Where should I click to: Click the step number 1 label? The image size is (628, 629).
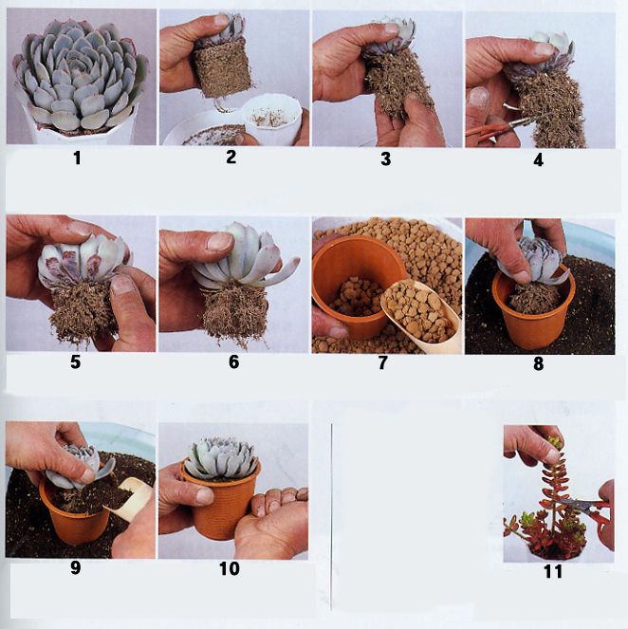tap(77, 158)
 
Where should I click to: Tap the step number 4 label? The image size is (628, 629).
tap(538, 160)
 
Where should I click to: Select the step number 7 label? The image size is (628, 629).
tap(383, 362)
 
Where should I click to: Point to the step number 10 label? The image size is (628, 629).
tap(230, 568)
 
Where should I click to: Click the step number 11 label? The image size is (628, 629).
tap(553, 571)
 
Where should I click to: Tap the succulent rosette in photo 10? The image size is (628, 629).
tap(220, 458)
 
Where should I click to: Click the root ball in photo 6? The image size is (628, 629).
tap(234, 315)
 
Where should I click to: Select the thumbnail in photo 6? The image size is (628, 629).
tap(220, 243)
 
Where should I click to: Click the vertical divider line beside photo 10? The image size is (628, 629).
tap(331, 517)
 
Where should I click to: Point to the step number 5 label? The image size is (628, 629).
tap(75, 362)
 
